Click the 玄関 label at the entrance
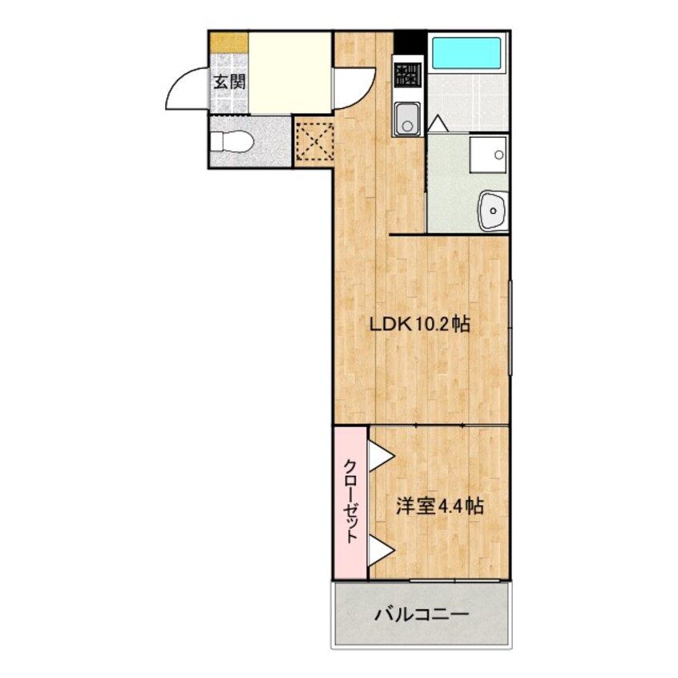(x=228, y=81)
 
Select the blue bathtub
(x=466, y=53)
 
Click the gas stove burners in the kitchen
(x=408, y=75)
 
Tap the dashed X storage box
(x=313, y=140)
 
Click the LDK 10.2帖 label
(x=418, y=325)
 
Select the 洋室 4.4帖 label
(x=439, y=506)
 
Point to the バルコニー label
(x=421, y=615)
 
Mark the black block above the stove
(x=409, y=42)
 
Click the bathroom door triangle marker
(x=438, y=124)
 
